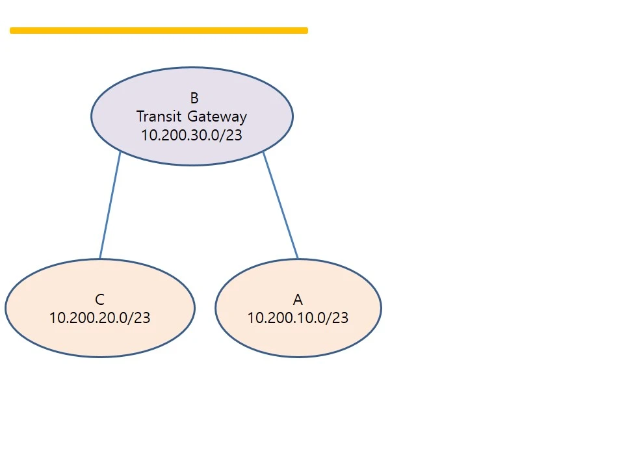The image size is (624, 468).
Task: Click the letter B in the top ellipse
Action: [x=194, y=98]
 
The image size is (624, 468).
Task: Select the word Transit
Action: [x=159, y=116]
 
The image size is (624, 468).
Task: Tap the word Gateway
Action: [x=217, y=117]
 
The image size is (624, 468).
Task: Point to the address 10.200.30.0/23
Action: [x=191, y=135]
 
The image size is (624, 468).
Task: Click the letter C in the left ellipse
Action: [x=99, y=300]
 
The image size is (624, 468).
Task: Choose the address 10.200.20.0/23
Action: [x=99, y=318]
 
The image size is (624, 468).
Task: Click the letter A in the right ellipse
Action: [x=298, y=300]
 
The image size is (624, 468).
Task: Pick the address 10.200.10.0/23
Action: [x=298, y=318]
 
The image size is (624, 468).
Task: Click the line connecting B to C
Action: [x=110, y=205]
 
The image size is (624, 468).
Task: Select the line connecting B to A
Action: [x=281, y=205]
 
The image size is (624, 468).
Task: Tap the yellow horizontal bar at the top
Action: [x=159, y=31]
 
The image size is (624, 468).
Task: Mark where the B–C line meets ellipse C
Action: [x=100, y=259]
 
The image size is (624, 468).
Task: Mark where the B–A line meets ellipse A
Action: [x=298, y=259]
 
